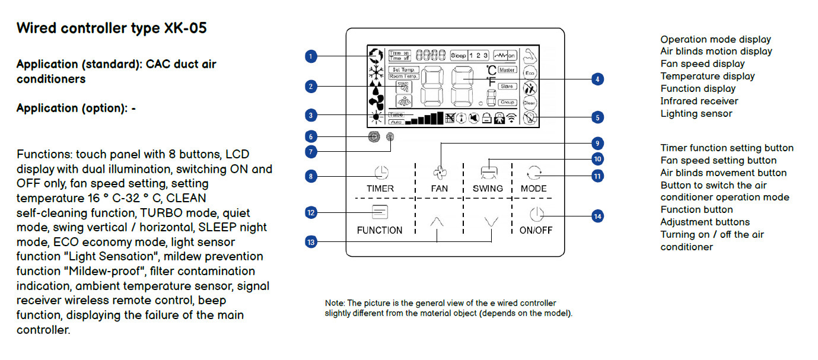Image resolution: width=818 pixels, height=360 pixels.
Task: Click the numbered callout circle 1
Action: [x=310, y=56]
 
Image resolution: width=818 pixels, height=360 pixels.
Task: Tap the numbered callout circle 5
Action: [x=598, y=117]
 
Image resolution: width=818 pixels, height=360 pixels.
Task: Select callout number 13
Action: [x=310, y=241]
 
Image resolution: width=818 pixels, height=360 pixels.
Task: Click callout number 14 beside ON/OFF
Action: [x=598, y=216]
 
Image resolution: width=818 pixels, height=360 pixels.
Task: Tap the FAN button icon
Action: [x=440, y=173]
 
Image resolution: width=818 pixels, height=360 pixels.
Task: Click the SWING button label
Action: [x=488, y=189]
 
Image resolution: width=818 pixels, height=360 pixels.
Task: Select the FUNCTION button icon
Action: [x=379, y=212]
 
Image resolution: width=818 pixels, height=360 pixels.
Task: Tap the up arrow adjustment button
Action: [x=437, y=222]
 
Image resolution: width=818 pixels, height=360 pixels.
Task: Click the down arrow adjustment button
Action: [x=491, y=222]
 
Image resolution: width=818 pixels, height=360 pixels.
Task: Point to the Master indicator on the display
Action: [x=507, y=70]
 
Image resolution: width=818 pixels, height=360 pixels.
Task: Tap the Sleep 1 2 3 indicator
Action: [x=469, y=55]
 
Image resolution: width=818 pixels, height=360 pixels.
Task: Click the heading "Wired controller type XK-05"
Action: [x=112, y=28]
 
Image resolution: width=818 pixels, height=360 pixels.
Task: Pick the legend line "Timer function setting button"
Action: [x=727, y=148]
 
